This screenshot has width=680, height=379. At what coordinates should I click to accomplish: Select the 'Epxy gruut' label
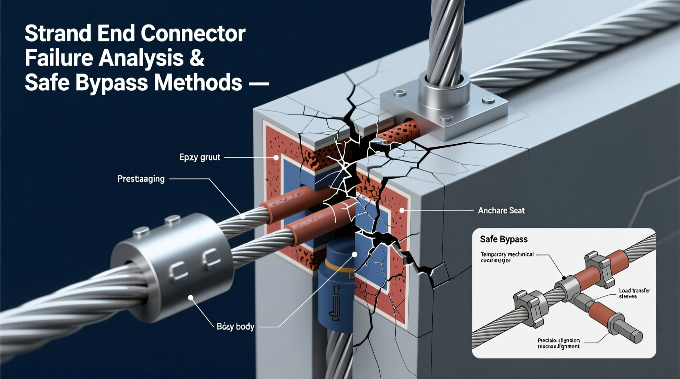[x=199, y=157]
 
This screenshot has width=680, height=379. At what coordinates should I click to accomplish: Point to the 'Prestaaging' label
[x=141, y=179]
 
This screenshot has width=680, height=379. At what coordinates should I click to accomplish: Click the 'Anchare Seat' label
[x=501, y=210]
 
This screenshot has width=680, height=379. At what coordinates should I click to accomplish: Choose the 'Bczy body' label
[x=235, y=326]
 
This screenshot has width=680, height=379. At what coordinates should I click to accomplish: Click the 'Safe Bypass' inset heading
[x=503, y=239]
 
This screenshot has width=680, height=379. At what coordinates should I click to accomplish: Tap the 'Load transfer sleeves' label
[x=634, y=293]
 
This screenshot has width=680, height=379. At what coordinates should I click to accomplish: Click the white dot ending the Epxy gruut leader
[x=276, y=157]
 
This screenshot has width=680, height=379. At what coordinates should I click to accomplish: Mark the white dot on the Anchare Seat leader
[x=402, y=210]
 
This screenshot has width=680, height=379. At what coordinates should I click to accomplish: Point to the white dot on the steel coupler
[x=190, y=298]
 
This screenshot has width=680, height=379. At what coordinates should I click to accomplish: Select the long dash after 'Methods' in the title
[x=259, y=84]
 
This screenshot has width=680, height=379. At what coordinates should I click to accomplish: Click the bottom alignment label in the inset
[x=559, y=343]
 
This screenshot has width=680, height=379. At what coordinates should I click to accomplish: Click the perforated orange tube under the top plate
[x=403, y=131]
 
